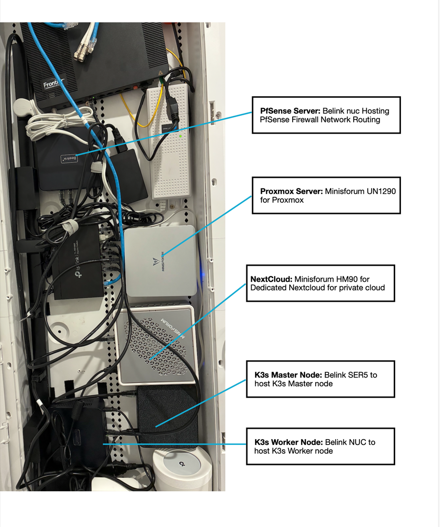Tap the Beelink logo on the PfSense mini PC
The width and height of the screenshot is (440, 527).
pyautogui.click(x=69, y=158)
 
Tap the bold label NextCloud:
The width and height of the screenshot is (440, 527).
pyautogui.click(x=271, y=279)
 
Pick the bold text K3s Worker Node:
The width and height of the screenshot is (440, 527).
pyautogui.click(x=288, y=442)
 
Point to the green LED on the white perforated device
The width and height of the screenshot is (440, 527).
pyautogui.click(x=180, y=136)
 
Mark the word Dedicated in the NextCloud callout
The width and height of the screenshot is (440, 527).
pyautogui.click(x=268, y=288)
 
